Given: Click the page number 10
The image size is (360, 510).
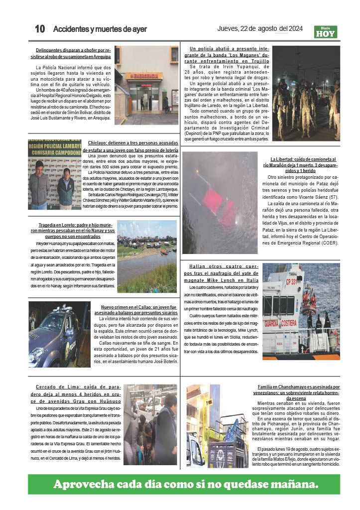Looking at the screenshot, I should tap(40, 29).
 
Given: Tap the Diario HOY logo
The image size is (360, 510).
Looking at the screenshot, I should tap(326, 32).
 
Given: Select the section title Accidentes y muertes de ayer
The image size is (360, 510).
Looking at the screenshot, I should tap(100, 29).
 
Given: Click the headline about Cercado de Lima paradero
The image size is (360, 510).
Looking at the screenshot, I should tap(78, 393).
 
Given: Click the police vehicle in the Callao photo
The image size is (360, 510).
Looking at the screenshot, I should tap(57, 331).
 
